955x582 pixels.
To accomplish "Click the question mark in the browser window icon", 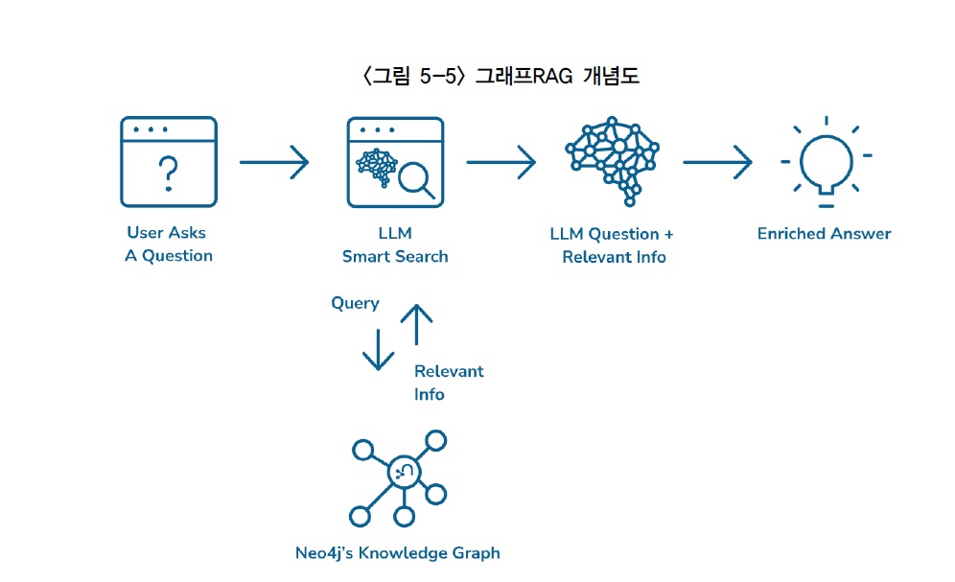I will (168, 173).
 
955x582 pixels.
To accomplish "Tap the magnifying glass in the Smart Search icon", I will (416, 180).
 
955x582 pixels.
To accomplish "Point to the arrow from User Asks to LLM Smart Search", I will (273, 162).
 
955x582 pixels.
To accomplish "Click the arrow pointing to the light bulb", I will (717, 162).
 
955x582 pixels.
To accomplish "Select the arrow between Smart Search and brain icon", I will (501, 162).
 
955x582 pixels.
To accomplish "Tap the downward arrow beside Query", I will (378, 349).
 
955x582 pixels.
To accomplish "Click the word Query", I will (355, 303).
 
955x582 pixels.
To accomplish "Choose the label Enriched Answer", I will (824, 234).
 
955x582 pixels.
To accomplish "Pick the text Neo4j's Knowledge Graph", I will (397, 553).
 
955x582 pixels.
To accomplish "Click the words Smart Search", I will (395, 256).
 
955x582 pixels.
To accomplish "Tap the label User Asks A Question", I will (168, 244).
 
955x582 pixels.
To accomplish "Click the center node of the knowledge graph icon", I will (402, 472).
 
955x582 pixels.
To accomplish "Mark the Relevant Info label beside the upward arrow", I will (448, 383).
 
